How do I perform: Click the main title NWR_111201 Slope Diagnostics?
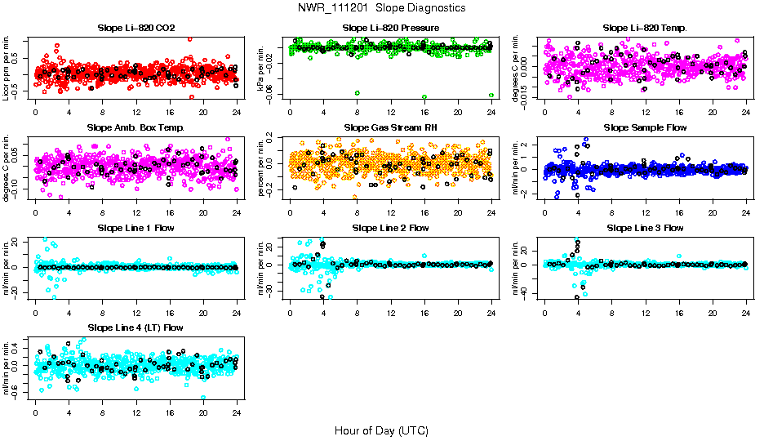click(x=382, y=7)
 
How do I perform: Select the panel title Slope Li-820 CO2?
click(x=136, y=28)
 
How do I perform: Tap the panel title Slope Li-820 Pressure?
click(x=391, y=28)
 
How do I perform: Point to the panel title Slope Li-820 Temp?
click(x=645, y=28)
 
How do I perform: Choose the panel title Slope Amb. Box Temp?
click(x=136, y=127)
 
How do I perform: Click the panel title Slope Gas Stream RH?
click(x=391, y=127)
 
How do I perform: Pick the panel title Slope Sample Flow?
click(x=645, y=127)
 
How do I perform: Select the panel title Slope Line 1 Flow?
click(x=136, y=228)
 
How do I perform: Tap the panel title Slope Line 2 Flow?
click(x=391, y=228)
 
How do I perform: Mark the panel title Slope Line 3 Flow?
click(x=645, y=228)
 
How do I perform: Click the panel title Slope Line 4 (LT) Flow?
click(x=136, y=327)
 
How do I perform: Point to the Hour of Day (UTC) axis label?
click(x=382, y=430)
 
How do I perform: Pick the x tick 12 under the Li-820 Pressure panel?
click(x=391, y=113)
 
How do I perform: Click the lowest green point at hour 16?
click(x=424, y=96)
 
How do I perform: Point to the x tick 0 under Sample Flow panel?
click(x=544, y=212)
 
